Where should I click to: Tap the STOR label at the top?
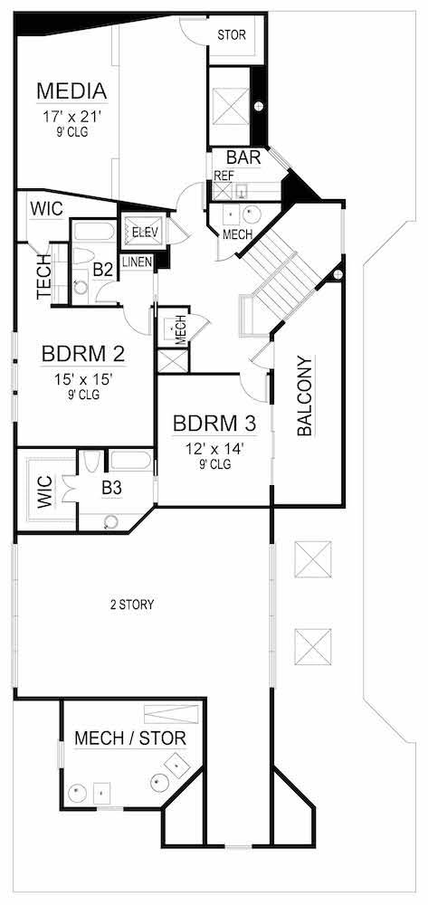coord(232,34)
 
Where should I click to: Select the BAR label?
coord(243,157)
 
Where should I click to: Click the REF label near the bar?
coord(223,176)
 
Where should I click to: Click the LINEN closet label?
coord(137,262)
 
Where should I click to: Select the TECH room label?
coord(43,281)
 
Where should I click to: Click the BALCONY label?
coord(305,396)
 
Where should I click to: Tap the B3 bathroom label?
coord(111,488)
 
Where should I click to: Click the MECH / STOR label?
coord(130,738)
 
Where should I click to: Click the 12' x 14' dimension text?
coord(214,448)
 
